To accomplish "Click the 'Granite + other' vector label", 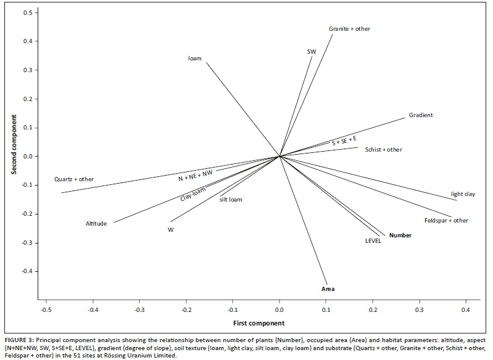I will [349, 29].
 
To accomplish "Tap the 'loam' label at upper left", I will [195, 59].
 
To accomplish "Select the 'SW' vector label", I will [312, 52].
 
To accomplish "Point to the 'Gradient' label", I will [421, 115].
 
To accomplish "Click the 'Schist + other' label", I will [383, 149].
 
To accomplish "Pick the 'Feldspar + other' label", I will [446, 220].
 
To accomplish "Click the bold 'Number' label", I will [400, 235].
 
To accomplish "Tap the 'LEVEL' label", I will [373, 241].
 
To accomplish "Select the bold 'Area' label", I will [328, 288].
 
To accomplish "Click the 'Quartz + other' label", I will [74, 179].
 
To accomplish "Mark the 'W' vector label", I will [170, 229].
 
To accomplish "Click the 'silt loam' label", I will [231, 198].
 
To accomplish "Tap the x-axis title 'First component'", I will [259, 323].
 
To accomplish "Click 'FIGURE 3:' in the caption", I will [21, 339].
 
